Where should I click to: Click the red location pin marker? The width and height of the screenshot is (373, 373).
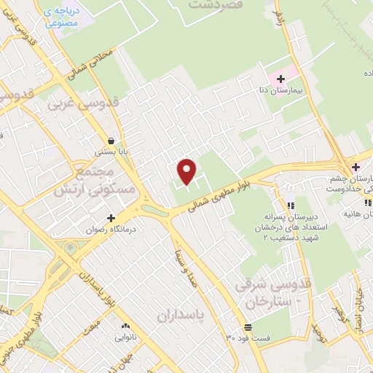[187, 171]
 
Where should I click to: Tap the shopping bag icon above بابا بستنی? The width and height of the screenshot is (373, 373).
[110, 141]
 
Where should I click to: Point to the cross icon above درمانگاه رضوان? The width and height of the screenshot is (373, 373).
[111, 217]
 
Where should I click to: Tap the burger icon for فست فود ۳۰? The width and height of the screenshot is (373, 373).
[248, 325]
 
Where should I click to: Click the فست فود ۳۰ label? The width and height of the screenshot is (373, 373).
[248, 337]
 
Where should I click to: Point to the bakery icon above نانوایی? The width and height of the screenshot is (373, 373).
[126, 325]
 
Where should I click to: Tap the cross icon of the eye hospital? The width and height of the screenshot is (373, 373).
[355, 168]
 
